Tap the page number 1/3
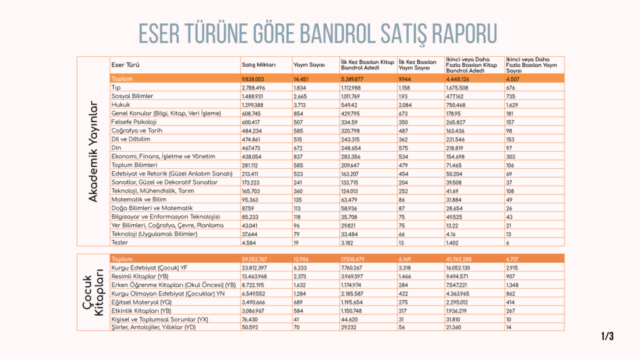tap(607, 336)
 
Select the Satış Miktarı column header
tap(258, 65)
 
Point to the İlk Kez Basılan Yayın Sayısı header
tap(417, 65)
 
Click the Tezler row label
tap(119, 242)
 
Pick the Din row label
tap(116, 147)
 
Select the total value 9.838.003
tap(254, 79)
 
